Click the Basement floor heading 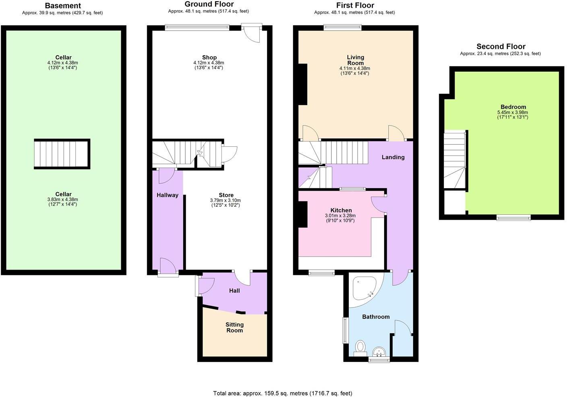(x=63, y=6)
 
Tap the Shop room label (x=209, y=58)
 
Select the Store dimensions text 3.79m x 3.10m (x=226, y=200)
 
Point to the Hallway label (x=168, y=195)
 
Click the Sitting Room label (x=234, y=327)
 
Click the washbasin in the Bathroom (x=379, y=352)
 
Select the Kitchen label (x=341, y=210)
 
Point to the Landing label (x=393, y=157)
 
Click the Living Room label (x=355, y=60)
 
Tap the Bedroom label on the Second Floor (x=513, y=107)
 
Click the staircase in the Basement (x=62, y=154)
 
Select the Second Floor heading (x=501, y=46)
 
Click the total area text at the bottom (x=282, y=393)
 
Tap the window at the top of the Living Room (x=343, y=28)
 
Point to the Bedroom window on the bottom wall (x=513, y=218)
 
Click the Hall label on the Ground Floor (x=234, y=291)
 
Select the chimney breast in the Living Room (x=302, y=84)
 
